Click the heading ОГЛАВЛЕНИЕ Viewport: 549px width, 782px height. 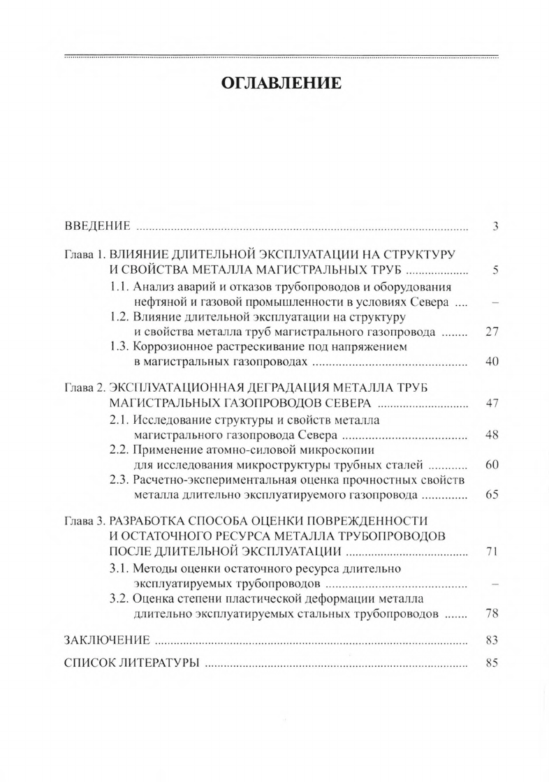pos(281,84)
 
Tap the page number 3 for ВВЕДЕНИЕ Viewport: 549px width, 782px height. pos(493,226)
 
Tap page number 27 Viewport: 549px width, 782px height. pos(491,332)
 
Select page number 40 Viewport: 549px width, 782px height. pos(491,363)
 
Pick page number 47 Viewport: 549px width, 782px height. pos(491,404)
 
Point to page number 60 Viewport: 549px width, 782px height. pos(491,465)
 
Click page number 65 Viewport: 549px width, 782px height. pos(491,495)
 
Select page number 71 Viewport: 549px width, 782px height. pos(491,552)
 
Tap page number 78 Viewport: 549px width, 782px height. pos(491,614)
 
